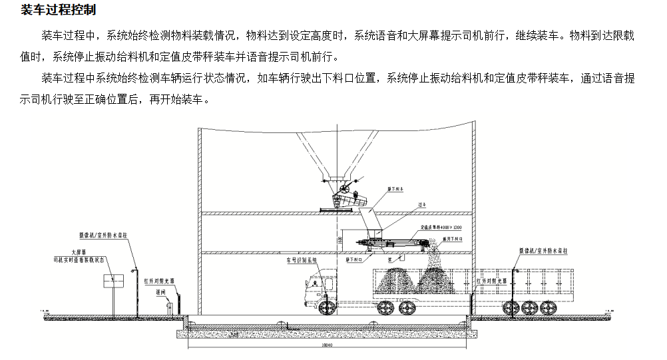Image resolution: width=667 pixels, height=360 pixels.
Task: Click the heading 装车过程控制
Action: [x=59, y=10]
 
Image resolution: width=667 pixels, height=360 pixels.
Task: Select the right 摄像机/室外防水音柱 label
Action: [x=543, y=250]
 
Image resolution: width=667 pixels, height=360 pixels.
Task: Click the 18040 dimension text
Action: [x=327, y=345]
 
